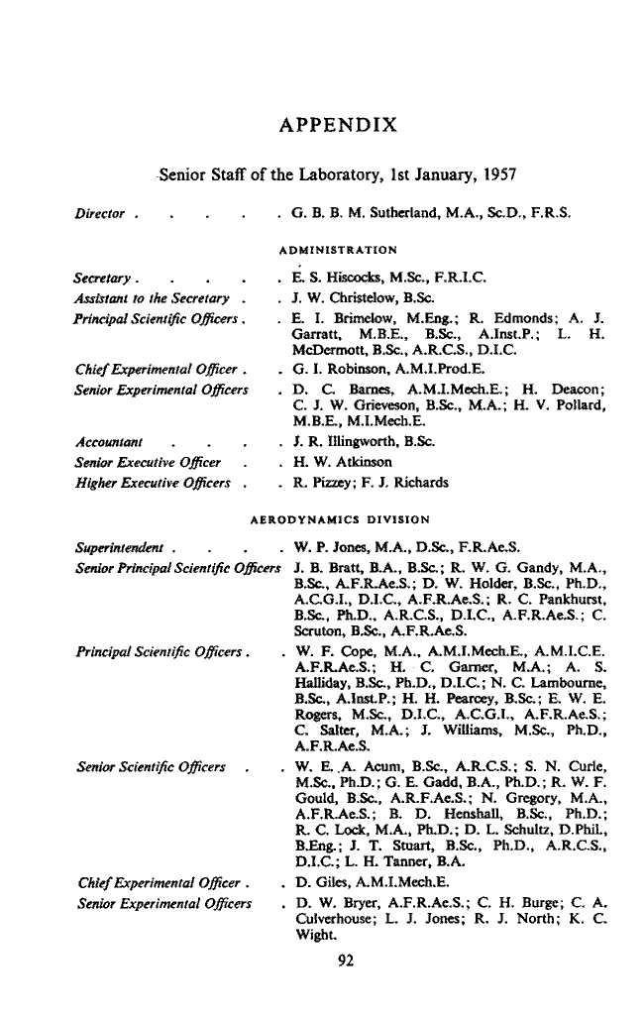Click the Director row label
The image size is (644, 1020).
point(100,213)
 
